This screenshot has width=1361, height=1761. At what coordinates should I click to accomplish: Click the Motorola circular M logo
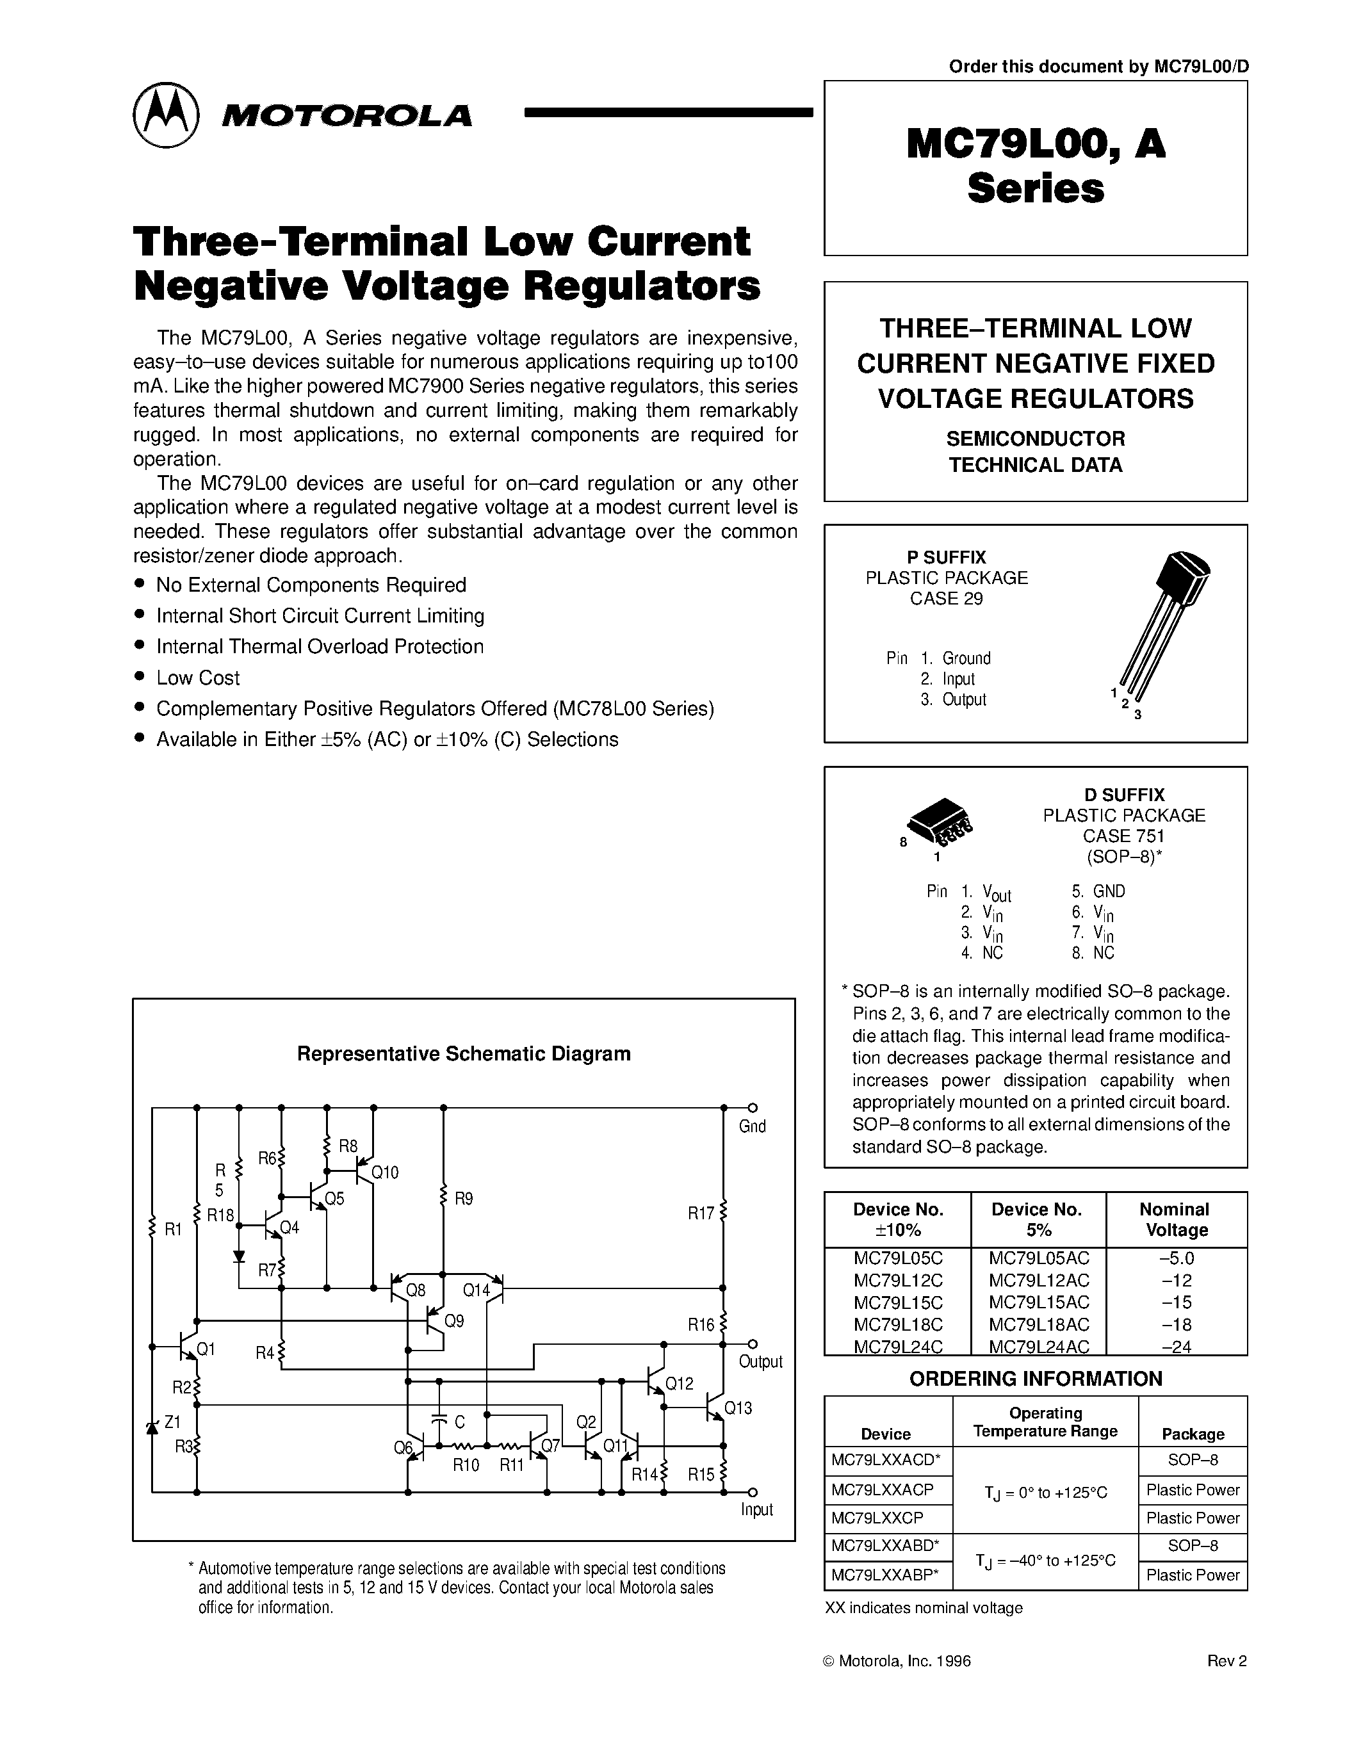point(165,115)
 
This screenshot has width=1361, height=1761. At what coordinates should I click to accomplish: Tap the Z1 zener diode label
point(172,1422)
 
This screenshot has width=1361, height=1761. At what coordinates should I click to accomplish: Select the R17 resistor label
point(700,1213)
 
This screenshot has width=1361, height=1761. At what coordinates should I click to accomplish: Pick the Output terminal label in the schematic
point(760,1362)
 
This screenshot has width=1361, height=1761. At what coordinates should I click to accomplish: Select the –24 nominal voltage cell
point(1177,1347)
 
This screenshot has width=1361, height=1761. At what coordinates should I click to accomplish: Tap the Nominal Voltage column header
point(1175,1220)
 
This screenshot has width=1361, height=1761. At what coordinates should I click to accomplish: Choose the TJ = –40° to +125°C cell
point(1045,1560)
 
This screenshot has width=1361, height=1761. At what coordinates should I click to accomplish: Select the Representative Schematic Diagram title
point(464,1054)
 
